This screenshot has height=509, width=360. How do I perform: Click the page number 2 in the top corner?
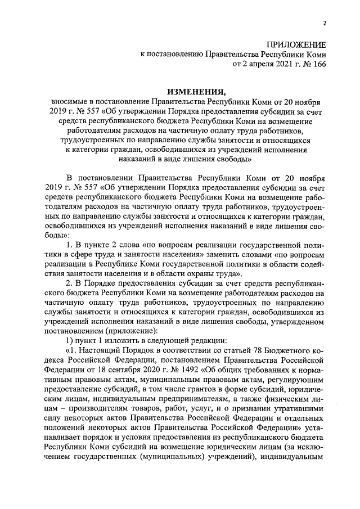pos(325,22)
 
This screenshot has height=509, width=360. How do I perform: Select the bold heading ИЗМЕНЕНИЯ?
pos(191,92)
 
